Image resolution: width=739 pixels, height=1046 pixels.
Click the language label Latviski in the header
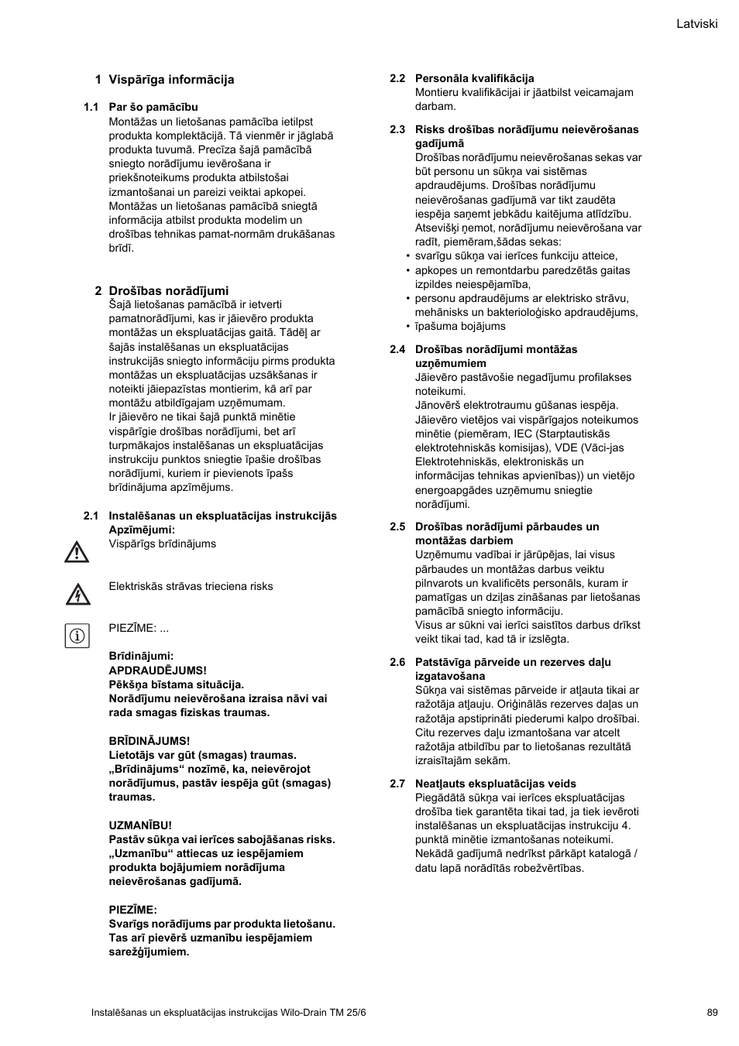[696, 24]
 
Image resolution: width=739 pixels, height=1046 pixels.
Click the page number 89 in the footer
[712, 1012]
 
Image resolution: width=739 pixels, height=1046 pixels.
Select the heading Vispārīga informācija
[171, 80]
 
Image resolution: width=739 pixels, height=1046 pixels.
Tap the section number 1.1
[91, 108]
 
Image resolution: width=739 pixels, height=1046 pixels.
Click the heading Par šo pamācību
[153, 108]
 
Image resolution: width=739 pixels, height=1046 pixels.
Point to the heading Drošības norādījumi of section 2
[169, 291]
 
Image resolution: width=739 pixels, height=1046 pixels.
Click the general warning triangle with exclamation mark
[77, 552]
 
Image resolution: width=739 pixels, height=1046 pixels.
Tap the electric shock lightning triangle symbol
[77, 595]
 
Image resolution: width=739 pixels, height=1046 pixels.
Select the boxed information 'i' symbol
[77, 636]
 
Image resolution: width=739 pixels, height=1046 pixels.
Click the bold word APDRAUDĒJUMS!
[157, 670]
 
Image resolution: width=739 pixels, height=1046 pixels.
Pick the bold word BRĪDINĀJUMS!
[149, 741]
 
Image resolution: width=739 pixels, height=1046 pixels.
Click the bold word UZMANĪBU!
[140, 825]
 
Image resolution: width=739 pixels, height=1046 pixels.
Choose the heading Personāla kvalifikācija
[474, 78]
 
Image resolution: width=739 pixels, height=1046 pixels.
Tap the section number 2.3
[397, 129]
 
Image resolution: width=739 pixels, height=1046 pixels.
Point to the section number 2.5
[397, 526]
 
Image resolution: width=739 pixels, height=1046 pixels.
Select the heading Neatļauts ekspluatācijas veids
[495, 784]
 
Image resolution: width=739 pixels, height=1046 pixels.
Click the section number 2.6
[397, 662]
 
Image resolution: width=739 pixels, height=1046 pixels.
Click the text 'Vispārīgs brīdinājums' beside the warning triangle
[162, 544]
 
